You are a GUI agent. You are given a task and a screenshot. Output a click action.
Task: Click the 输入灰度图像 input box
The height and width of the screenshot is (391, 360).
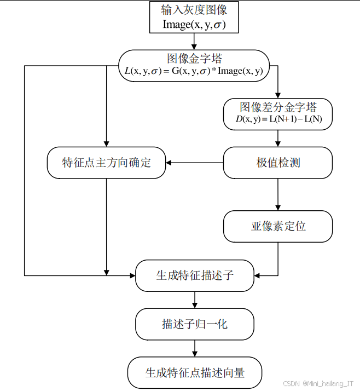pos(194,17)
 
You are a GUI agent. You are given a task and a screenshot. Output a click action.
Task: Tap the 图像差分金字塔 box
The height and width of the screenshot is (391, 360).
pos(278,113)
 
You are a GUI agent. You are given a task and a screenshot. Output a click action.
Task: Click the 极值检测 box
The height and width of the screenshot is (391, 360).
pos(278,163)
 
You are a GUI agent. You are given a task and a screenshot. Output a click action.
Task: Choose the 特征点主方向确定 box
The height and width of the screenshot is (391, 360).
pos(106,163)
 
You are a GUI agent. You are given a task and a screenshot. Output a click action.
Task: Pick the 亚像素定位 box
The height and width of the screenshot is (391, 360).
pos(278,226)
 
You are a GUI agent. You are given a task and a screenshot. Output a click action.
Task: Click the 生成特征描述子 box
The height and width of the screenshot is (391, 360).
pos(194,275)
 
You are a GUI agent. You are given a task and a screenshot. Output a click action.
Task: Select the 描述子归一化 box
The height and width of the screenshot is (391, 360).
pos(194,324)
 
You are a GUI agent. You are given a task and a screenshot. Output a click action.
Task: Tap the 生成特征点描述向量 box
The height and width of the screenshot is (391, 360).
pos(194,373)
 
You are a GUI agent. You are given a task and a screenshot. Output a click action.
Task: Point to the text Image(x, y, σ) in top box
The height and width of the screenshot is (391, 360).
pos(194,24)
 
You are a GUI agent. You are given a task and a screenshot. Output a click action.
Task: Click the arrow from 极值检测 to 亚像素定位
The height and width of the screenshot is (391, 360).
pos(278,194)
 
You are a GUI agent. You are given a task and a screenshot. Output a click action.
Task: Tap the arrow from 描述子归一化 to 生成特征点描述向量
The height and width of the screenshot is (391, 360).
pos(194,348)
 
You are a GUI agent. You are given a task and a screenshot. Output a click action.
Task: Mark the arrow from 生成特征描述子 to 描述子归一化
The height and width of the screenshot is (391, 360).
pos(194,300)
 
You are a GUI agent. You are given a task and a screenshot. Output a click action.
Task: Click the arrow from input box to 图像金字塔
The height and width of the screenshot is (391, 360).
pos(194,41)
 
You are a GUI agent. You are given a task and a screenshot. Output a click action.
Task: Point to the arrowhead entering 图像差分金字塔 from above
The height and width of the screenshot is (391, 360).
pos(278,94)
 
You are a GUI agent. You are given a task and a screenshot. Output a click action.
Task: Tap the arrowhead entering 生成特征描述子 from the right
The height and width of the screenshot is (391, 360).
pos(258,275)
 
